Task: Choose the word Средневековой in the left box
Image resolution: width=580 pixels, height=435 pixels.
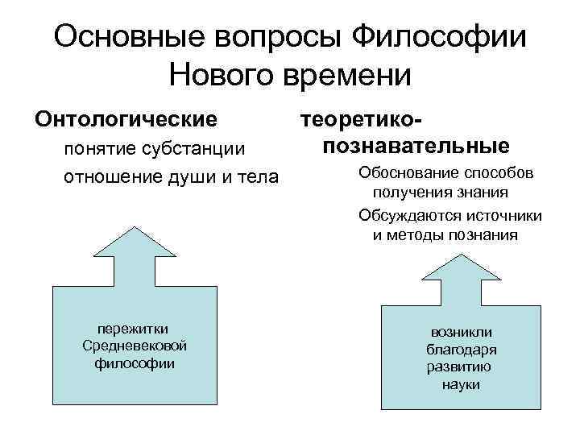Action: (135, 346)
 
